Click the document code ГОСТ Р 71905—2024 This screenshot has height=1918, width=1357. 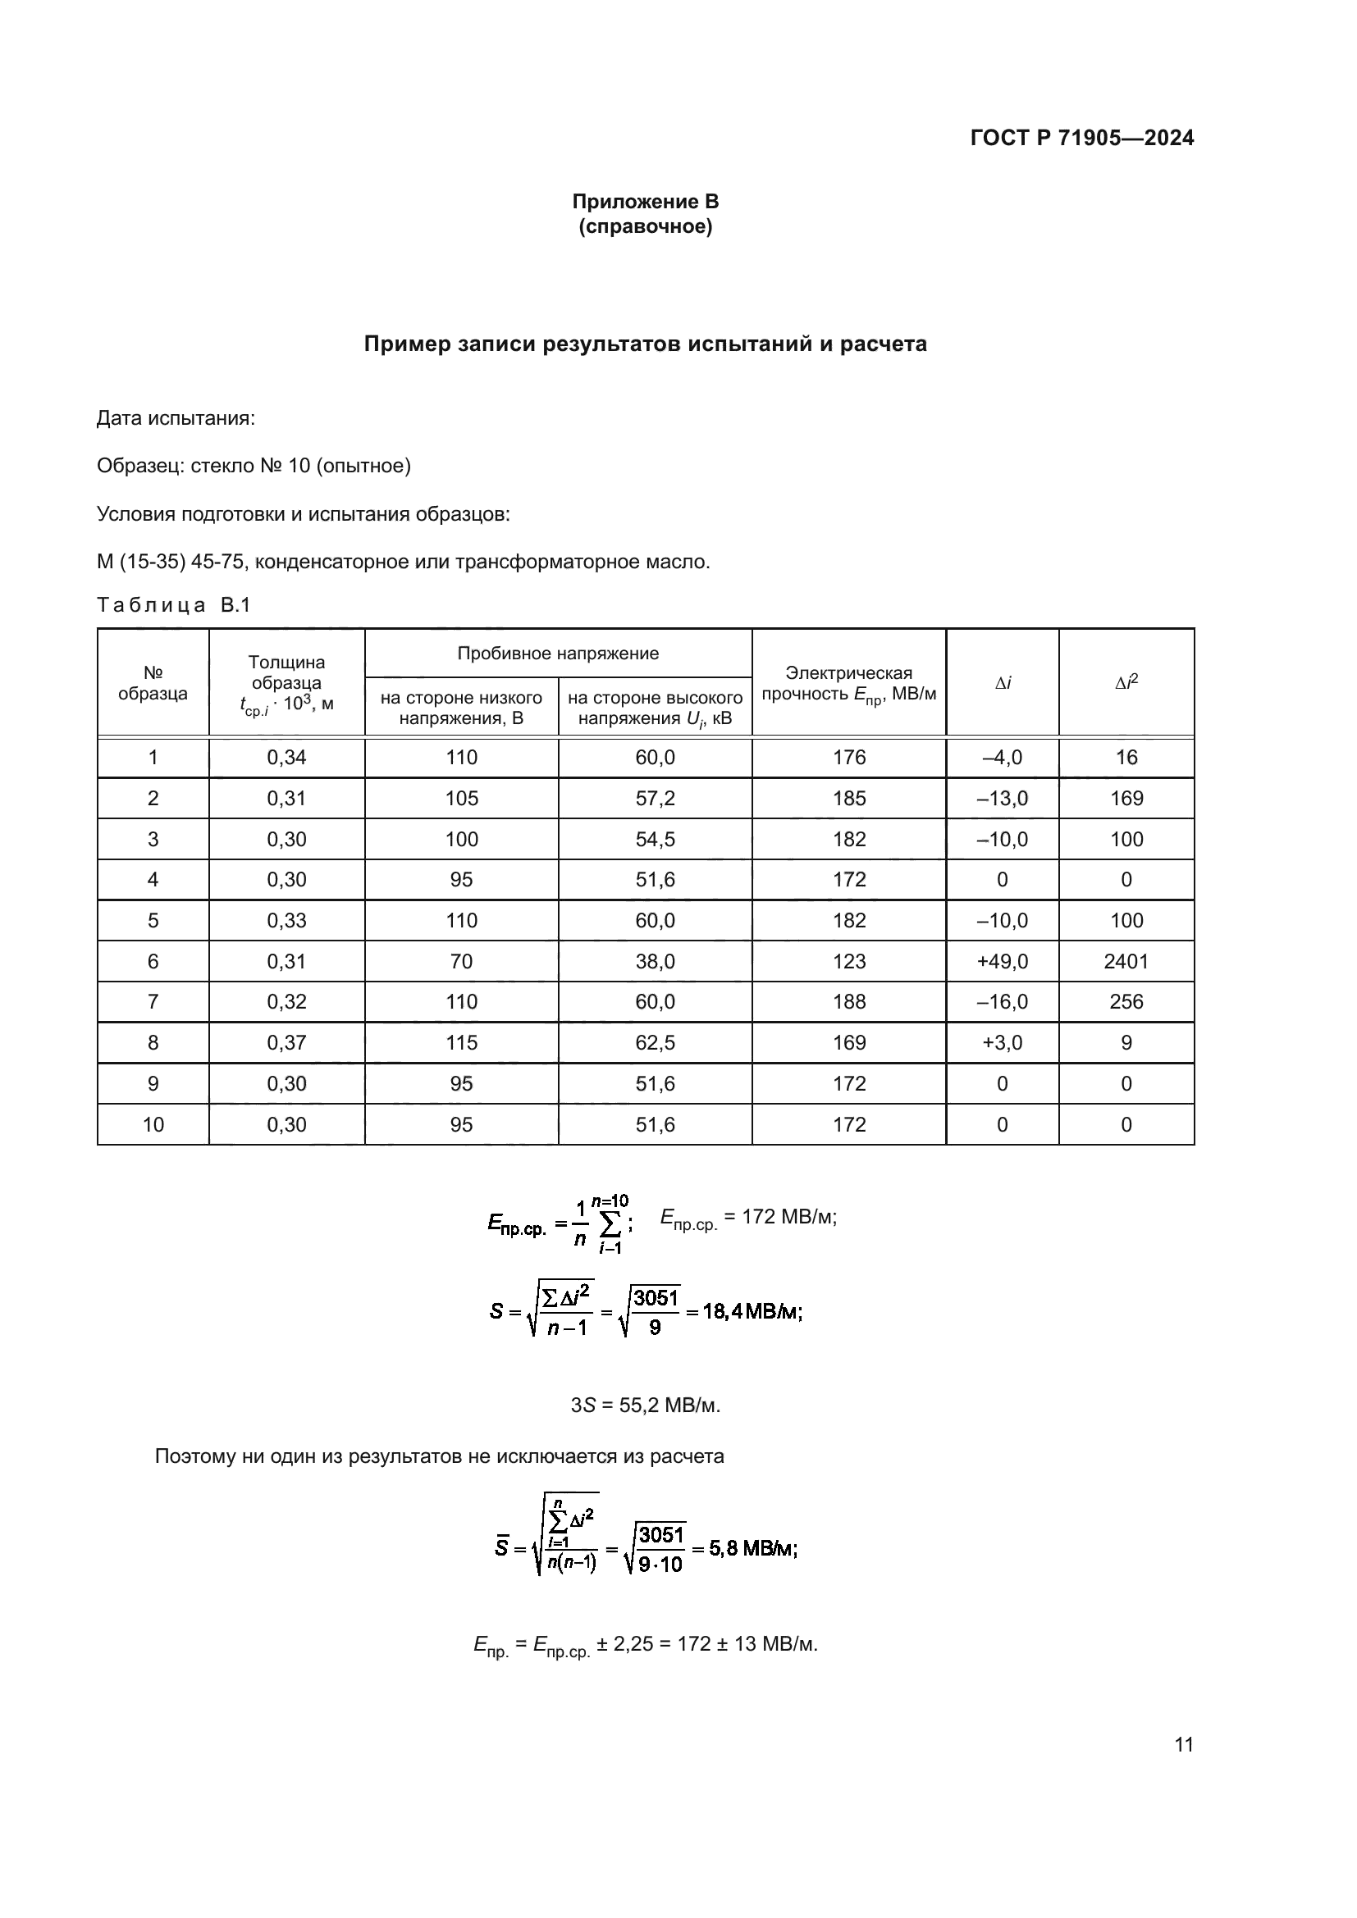coord(1082,139)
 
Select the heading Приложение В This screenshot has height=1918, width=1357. coord(645,202)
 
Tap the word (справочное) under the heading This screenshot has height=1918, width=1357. coord(645,227)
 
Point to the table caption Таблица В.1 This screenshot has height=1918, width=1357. coord(174,606)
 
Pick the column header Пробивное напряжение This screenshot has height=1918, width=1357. coord(557,654)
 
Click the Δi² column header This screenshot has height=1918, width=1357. coord(1126,682)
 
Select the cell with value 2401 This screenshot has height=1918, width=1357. coord(1126,962)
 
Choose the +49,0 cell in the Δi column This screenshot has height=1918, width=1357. coord(1002,962)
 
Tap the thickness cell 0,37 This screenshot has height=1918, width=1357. coord(286,1042)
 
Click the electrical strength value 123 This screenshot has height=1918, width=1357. coord(849,962)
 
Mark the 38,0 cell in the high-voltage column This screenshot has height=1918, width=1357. coord(655,962)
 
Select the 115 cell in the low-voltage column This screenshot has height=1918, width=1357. coord(461,1042)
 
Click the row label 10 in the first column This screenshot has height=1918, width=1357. coord(153,1124)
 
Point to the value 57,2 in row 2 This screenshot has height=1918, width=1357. coord(655,799)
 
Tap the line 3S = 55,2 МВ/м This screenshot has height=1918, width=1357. coord(645,1406)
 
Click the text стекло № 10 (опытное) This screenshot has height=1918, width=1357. coord(300,466)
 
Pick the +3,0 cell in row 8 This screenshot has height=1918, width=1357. coord(1002,1042)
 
